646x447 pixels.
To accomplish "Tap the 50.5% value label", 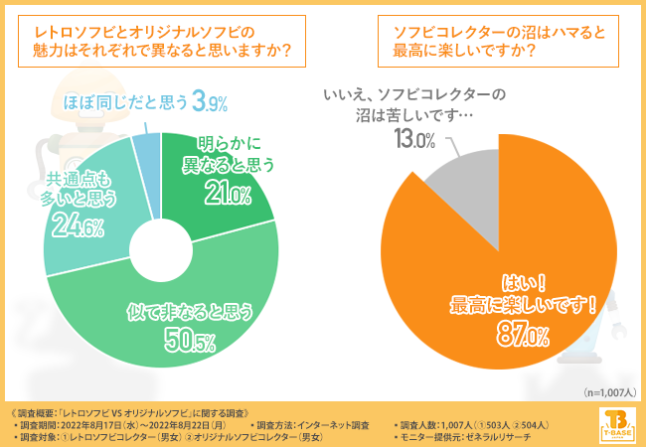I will coord(189,345).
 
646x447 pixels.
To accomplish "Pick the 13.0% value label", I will coord(414,139).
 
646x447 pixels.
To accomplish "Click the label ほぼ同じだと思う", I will coord(125,101).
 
